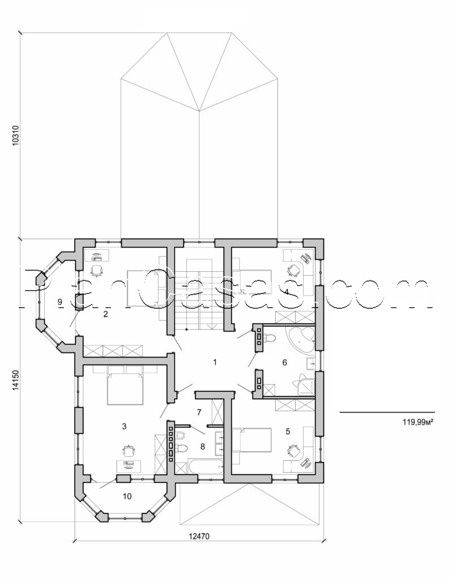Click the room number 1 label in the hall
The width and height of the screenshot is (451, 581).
[x=215, y=361]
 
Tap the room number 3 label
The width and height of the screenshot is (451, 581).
[x=124, y=425]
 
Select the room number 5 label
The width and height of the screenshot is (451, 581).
[x=288, y=432]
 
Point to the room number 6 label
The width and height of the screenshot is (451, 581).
[x=284, y=362]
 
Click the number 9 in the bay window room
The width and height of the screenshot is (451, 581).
[x=59, y=302]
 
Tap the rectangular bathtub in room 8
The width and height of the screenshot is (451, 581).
[x=203, y=468]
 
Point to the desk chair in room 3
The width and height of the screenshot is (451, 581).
[x=130, y=450]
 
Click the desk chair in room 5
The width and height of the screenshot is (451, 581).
[x=293, y=449]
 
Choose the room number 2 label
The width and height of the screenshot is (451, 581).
[x=105, y=313]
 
